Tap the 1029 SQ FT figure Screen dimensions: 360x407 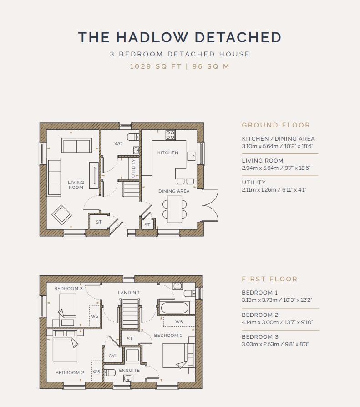pyautogui.click(x=156, y=66)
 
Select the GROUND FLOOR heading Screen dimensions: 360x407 pyautogui.click(x=276, y=125)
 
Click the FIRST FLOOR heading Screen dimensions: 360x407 pyautogui.click(x=269, y=279)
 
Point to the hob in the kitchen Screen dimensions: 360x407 pyautogui.click(x=170, y=135)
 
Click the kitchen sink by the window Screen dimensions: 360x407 pyautogui.click(x=192, y=156)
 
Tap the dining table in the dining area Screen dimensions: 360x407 pyautogui.click(x=174, y=209)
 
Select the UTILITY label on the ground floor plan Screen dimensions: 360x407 pyautogui.click(x=133, y=168)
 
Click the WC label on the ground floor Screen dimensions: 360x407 pyautogui.click(x=118, y=143)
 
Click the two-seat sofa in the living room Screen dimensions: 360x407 pyautogui.click(x=76, y=145)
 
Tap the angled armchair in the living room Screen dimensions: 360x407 pyautogui.click(x=62, y=215)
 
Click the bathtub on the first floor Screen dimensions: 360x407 pyautogui.click(x=174, y=308)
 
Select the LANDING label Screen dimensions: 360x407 pyautogui.click(x=129, y=293)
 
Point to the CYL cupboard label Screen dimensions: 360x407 pyautogui.click(x=113, y=356)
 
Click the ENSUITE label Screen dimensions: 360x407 pyautogui.click(x=129, y=371)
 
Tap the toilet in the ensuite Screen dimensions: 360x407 pyautogui.click(x=110, y=373)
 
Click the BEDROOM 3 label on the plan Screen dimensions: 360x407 pyautogui.click(x=69, y=288)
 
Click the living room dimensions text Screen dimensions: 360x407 pyautogui.click(x=276, y=168)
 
